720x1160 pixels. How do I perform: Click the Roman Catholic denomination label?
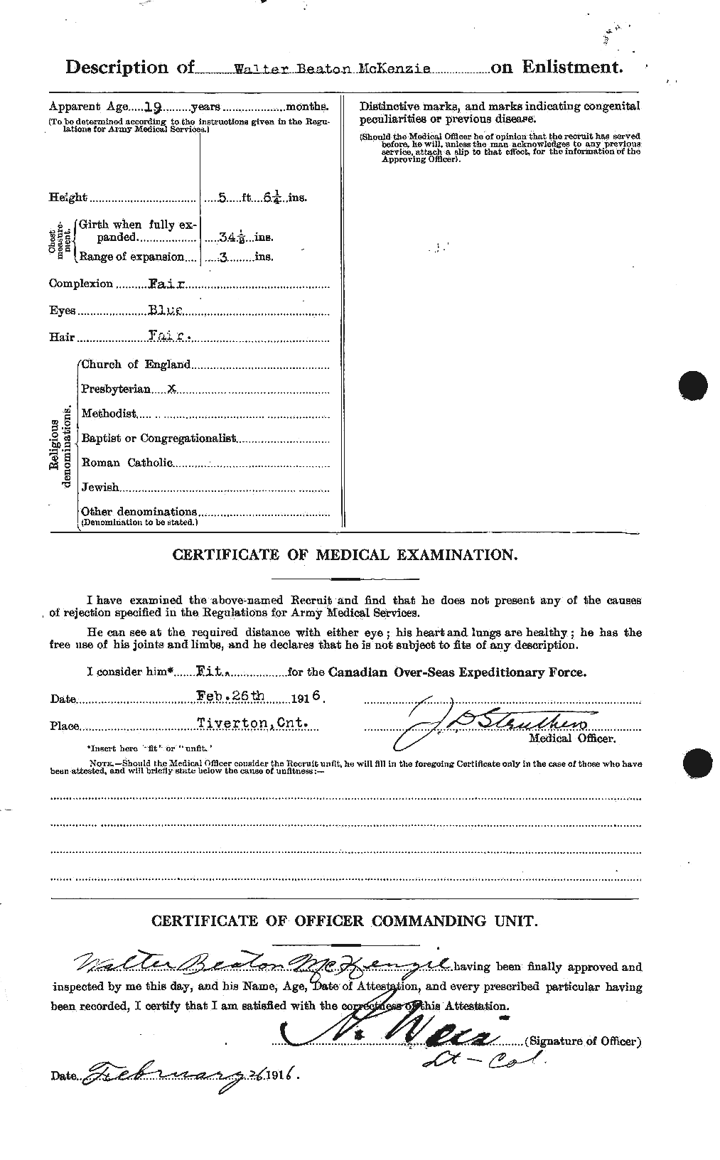127,462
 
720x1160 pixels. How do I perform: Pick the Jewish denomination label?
100,488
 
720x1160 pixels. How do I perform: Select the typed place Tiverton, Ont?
253,724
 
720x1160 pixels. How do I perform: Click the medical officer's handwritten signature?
490,727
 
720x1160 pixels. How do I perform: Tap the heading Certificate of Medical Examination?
345,555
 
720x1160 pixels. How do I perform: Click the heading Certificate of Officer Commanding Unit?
345,921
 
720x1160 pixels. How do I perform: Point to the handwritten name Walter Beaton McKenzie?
261,965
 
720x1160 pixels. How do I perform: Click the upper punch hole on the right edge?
693,385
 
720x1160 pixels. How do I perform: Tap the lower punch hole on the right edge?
697,765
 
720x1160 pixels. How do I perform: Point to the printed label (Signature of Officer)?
583,1041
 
